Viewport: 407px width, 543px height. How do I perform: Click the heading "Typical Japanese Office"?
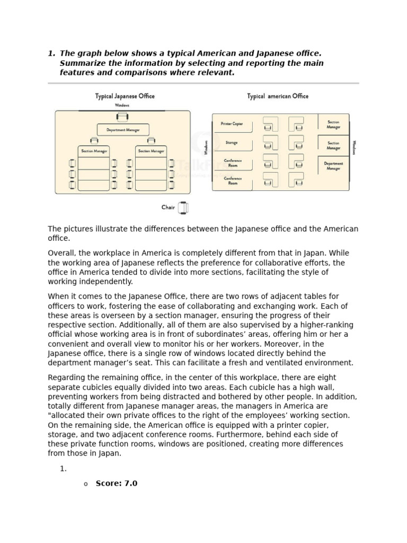(125, 96)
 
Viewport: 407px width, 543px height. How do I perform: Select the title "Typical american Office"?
(277, 96)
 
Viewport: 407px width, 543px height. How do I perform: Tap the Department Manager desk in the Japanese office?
(122, 129)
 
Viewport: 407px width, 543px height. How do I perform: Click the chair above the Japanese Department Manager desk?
(122, 117)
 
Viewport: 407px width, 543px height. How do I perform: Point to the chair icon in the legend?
(183, 208)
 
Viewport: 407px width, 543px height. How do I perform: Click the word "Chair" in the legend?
(168, 207)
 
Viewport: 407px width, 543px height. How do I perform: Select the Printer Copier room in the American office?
(232, 124)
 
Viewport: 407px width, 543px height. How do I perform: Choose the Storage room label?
(232, 143)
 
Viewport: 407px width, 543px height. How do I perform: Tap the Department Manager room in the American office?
(333, 166)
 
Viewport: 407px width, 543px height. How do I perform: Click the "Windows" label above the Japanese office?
(122, 106)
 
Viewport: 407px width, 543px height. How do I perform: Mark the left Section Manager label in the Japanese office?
(94, 151)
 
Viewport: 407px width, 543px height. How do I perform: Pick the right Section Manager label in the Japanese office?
(151, 151)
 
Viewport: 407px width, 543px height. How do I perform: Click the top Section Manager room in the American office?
(333, 125)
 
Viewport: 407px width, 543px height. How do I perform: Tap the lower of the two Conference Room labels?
(232, 181)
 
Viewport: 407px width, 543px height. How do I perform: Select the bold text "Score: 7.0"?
(116, 484)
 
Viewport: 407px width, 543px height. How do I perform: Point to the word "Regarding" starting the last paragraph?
(66, 378)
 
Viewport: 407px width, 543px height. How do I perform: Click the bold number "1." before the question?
(51, 54)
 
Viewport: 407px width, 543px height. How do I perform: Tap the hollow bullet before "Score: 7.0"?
(85, 484)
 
